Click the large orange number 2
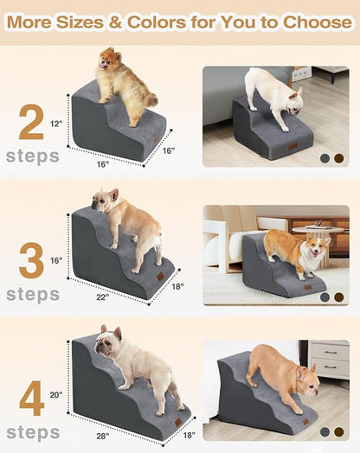pyautogui.click(x=31, y=123)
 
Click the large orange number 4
pyautogui.click(x=31, y=399)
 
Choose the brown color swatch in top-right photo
pyautogui.click(x=338, y=158)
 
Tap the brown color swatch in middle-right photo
pyautogui.click(x=338, y=297)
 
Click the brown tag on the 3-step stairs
pyautogui.click(x=159, y=278)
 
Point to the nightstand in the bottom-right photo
pyautogui.click(x=329, y=359)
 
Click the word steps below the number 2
pyautogui.click(x=32, y=156)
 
